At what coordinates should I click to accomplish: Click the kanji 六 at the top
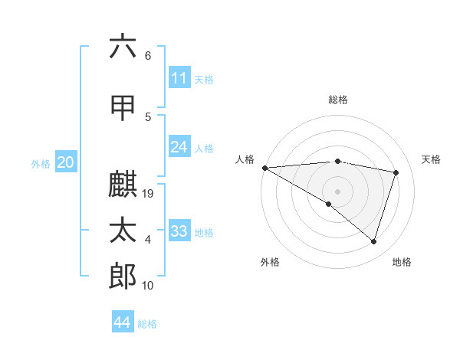click(123, 47)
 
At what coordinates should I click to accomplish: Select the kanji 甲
click(123, 106)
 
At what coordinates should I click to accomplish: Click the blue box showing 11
click(179, 78)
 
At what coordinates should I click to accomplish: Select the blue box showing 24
click(179, 147)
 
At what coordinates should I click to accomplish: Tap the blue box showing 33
click(179, 231)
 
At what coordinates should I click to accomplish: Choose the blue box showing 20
click(65, 162)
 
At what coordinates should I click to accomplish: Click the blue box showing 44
click(123, 322)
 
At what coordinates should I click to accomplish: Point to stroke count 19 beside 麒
click(149, 194)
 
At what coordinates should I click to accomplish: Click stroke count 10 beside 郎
click(149, 286)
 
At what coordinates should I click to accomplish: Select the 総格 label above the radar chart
click(337, 100)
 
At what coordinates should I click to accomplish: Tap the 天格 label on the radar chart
click(431, 159)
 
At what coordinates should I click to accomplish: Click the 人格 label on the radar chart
click(245, 159)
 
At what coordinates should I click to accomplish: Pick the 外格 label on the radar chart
click(269, 262)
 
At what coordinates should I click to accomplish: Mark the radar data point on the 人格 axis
click(264, 167)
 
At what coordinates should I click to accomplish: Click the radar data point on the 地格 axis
click(374, 241)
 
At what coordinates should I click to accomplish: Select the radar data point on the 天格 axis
click(396, 172)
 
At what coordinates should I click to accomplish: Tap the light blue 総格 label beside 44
click(147, 323)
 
